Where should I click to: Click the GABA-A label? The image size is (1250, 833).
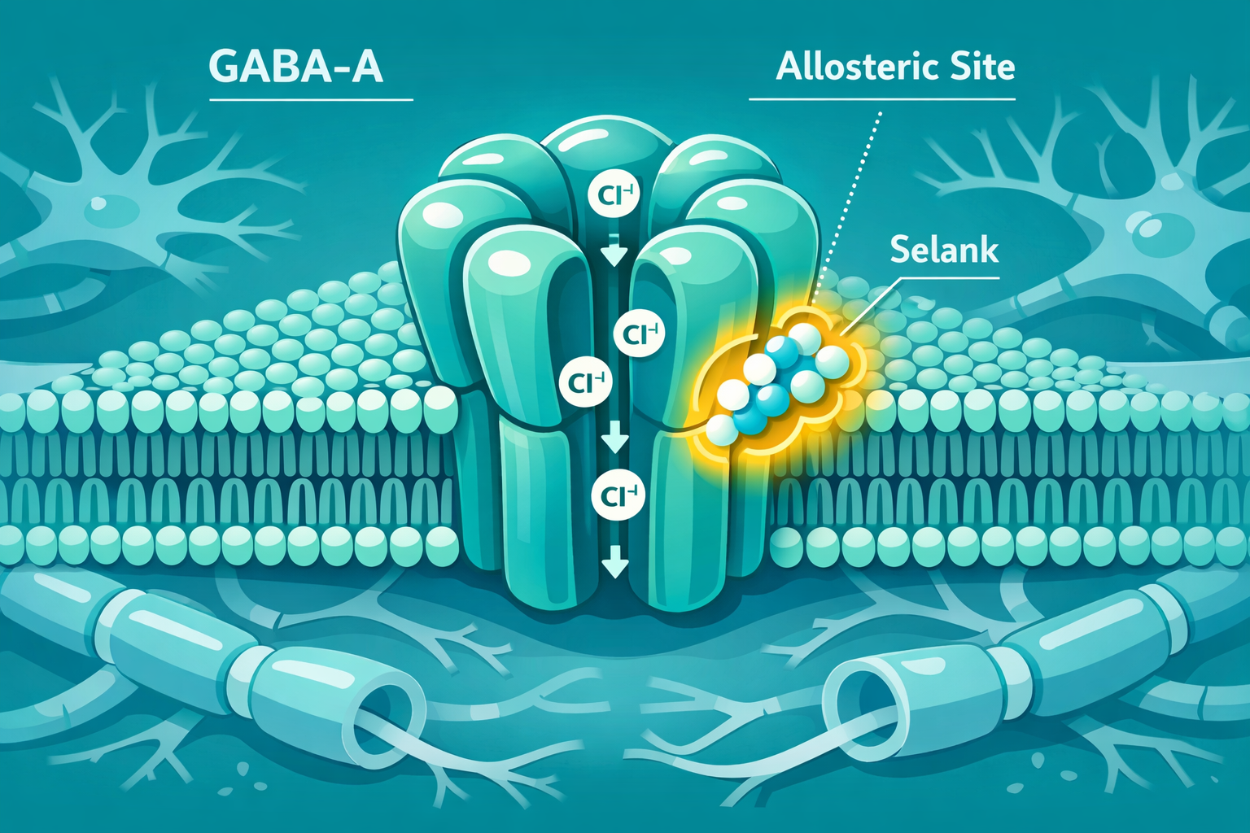pyautogui.click(x=295, y=67)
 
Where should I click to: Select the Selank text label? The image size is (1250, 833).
pyautogui.click(x=944, y=249)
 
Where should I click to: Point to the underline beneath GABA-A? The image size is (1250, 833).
pyautogui.click(x=312, y=100)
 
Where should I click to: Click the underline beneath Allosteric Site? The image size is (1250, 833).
pyautogui.click(x=881, y=99)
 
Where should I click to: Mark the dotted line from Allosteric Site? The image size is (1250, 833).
pyautogui.click(x=846, y=207)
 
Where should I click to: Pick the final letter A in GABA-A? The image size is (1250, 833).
pyautogui.click(x=365, y=68)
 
